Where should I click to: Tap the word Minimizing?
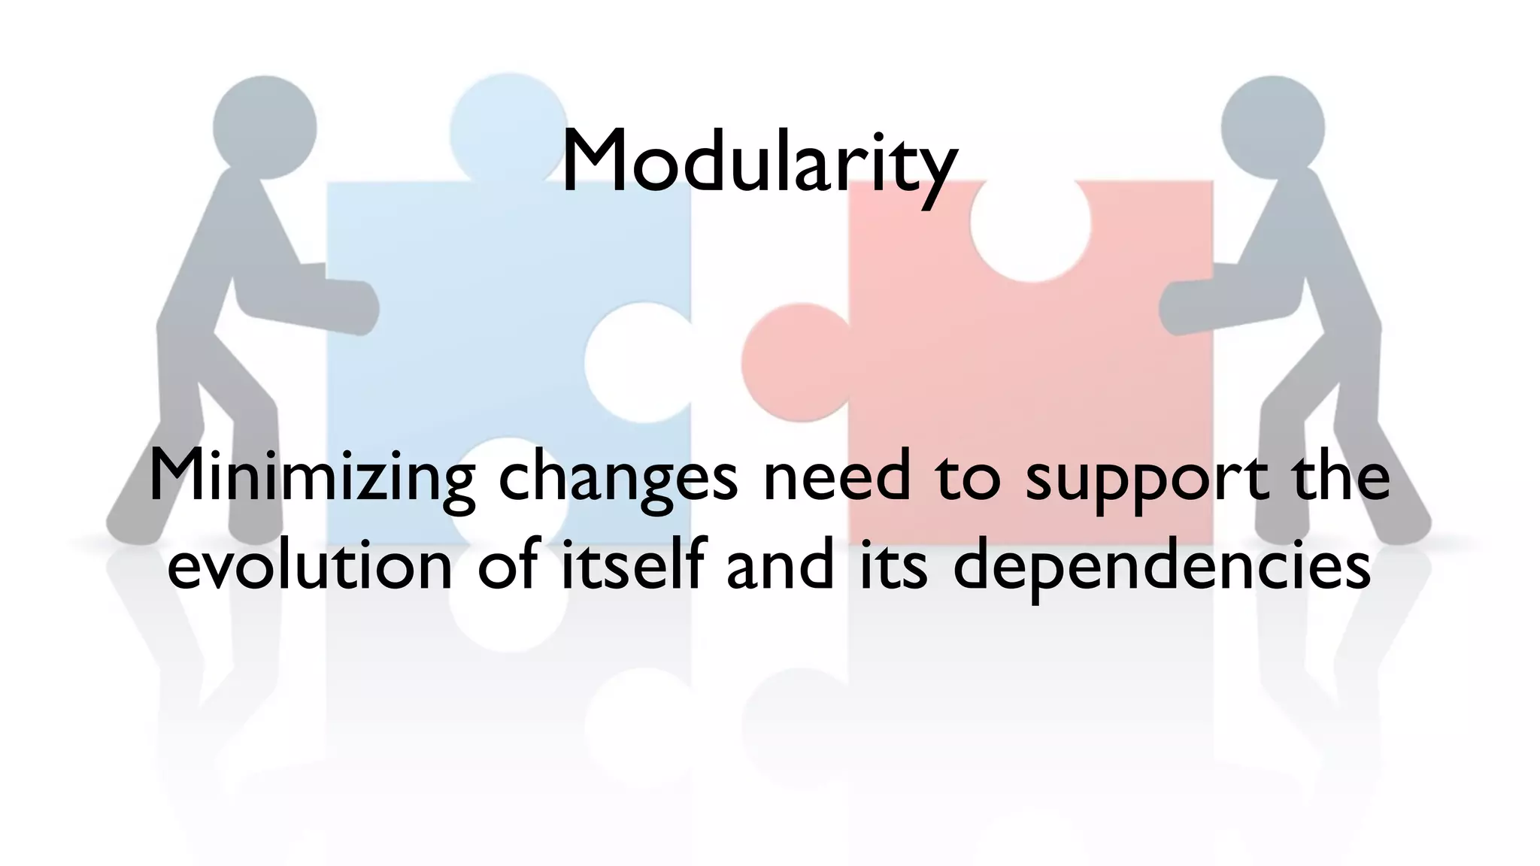click(x=311, y=479)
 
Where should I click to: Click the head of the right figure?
click(x=1272, y=127)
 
